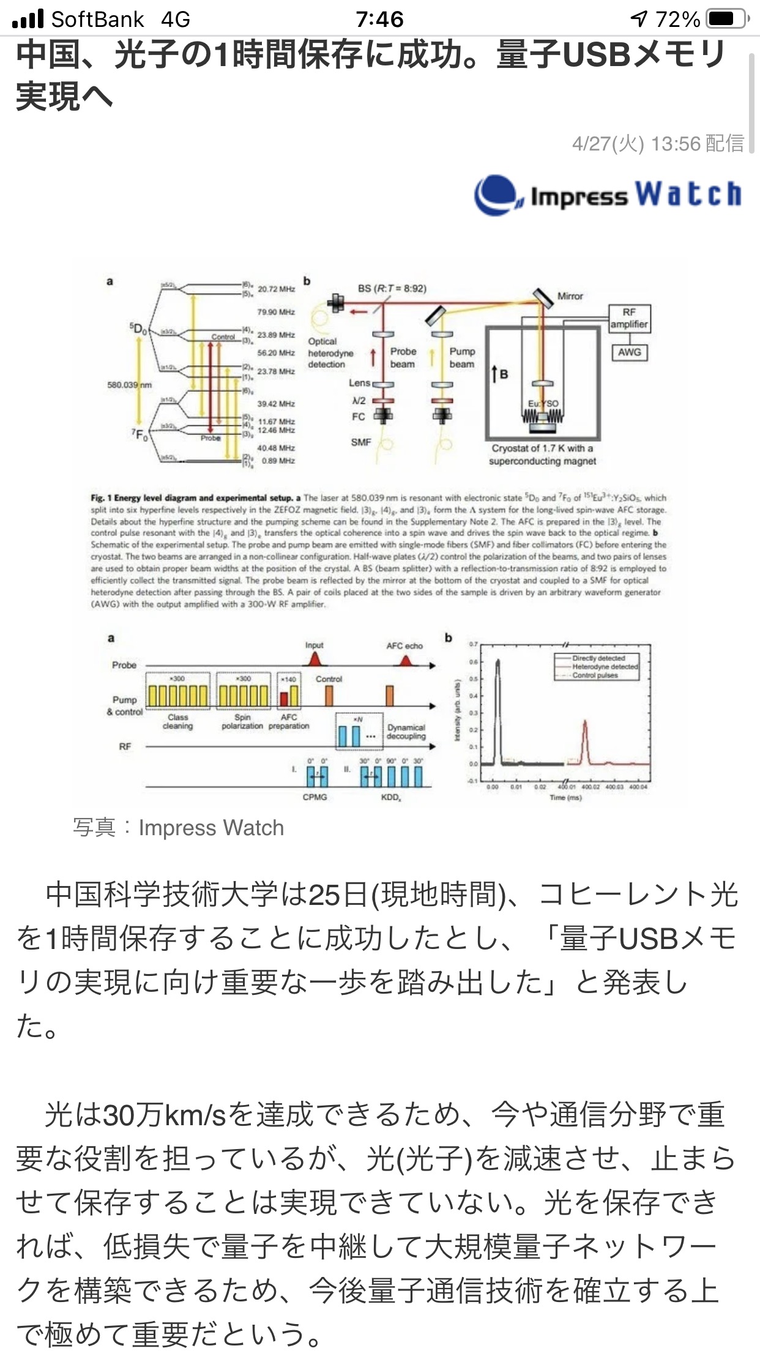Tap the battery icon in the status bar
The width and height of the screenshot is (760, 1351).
point(726,19)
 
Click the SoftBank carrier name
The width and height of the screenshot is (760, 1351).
point(98,20)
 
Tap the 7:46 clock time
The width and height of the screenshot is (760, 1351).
point(379,20)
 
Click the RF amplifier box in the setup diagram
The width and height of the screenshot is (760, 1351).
point(629,318)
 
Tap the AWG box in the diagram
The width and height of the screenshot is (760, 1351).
point(629,352)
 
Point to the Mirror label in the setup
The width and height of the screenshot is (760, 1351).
point(570,296)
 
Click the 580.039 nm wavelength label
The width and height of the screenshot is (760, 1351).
point(129,385)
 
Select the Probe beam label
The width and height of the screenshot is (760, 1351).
point(403,357)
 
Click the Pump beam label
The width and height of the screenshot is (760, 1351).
point(462,357)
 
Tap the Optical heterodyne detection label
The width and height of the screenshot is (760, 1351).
point(330,353)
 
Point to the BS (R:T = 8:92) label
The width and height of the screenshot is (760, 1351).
point(392,288)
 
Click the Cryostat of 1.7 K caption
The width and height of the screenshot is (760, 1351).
point(542,455)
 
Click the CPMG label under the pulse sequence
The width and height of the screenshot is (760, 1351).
point(315,797)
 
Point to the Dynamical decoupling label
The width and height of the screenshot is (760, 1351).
point(406,732)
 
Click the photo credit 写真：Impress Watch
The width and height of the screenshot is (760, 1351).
point(178,828)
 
